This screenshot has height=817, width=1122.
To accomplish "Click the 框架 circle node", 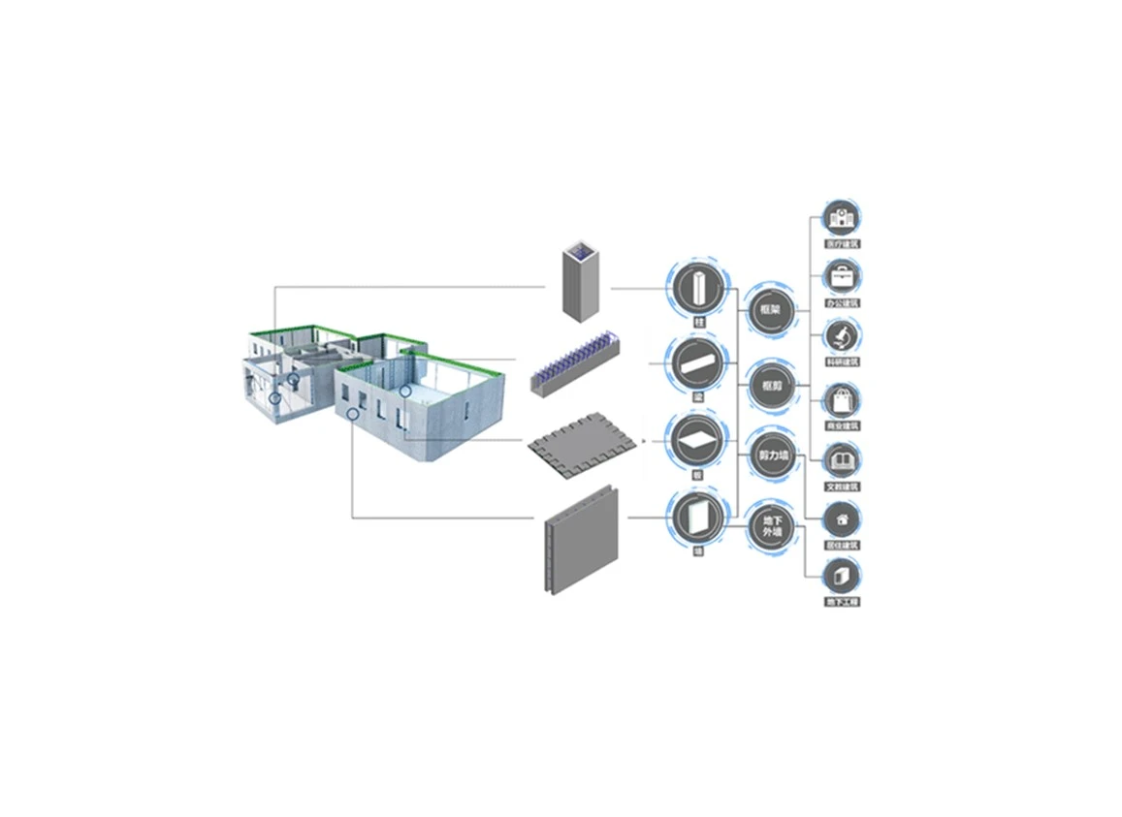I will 772,310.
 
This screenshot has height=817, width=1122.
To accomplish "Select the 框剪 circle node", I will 772,385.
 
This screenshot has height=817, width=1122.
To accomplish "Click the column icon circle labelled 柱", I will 695,288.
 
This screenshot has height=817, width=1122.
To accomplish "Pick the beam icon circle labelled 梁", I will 695,363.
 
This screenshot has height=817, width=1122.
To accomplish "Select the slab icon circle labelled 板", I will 695,440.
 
